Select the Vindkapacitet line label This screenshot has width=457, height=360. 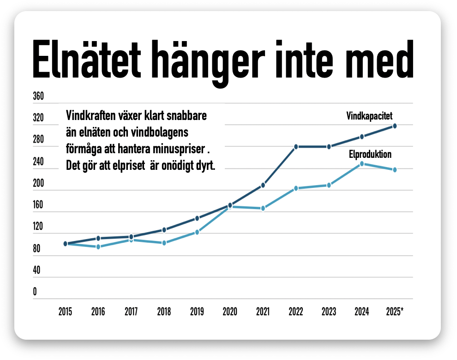[369, 116]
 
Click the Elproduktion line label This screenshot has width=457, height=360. [370, 155]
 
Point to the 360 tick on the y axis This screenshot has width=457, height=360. [38, 96]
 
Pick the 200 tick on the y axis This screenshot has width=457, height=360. [38, 183]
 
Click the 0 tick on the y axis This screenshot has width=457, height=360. [35, 292]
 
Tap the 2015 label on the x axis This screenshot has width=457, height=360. [65, 312]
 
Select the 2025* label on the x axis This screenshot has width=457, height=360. [395, 312]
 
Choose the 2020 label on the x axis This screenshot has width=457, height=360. [230, 312]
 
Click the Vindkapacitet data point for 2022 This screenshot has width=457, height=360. [296, 147]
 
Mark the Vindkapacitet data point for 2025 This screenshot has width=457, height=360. [395, 126]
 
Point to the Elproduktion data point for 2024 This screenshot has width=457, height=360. [362, 163]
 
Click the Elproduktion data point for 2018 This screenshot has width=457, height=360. [164, 243]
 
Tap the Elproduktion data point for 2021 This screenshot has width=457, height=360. [263, 209]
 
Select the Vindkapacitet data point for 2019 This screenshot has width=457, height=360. [197, 218]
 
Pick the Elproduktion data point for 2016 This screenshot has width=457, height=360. [98, 247]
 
